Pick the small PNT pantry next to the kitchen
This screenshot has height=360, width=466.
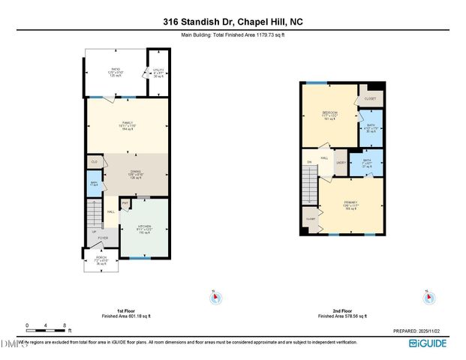pos(125,203)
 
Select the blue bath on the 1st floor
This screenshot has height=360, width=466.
pos(94,184)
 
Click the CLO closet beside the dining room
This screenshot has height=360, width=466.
pos(94,161)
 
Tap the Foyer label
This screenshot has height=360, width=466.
pos(102,238)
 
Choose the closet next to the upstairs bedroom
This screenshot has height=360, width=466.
pos(371,97)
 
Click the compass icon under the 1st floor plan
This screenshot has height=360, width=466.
pos(215,298)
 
